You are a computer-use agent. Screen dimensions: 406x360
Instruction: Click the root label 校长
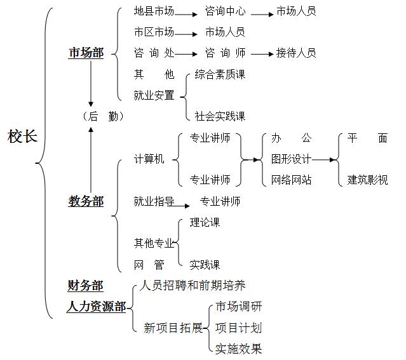tap(22, 137)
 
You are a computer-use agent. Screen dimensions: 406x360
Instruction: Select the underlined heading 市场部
tap(86, 53)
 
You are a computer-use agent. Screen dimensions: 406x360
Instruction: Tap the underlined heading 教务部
tap(86, 201)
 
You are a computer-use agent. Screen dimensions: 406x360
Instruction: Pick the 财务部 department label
tap(85, 286)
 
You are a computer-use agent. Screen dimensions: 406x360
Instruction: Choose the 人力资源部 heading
tap(96, 307)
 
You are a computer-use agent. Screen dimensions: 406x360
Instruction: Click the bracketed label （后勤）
tap(103, 116)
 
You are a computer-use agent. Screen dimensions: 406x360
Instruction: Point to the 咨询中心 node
tap(225, 11)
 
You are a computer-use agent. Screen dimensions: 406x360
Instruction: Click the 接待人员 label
tap(296, 53)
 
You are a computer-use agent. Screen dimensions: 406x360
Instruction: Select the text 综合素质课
tap(220, 74)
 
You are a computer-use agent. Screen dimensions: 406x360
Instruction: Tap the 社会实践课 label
tap(220, 116)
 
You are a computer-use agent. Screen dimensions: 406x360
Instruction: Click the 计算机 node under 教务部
tap(149, 159)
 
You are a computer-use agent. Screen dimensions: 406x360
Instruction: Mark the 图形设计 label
tap(291, 159)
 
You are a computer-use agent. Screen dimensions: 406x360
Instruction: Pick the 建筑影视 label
tap(367, 180)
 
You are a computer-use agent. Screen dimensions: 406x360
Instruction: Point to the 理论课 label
tap(205, 223)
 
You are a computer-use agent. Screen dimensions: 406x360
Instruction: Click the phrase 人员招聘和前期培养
tap(193, 286)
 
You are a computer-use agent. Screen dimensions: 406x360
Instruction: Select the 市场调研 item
tap(238, 307)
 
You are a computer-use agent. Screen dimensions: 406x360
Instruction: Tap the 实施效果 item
tap(238, 349)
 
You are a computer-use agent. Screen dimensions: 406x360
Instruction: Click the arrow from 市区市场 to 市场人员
tap(186, 34)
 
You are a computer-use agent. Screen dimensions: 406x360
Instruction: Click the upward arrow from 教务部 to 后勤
tap(91, 160)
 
